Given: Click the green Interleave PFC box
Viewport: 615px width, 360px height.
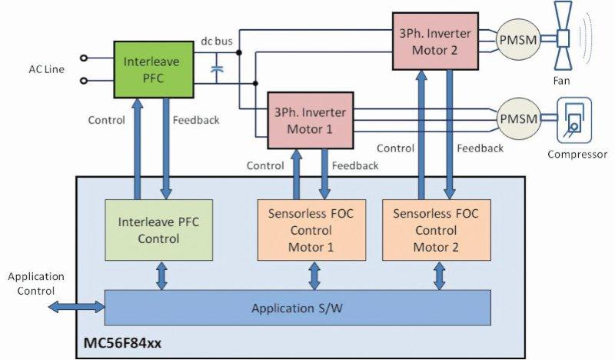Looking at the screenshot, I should coord(152,67).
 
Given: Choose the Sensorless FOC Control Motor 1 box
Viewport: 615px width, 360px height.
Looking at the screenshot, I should coord(312,230).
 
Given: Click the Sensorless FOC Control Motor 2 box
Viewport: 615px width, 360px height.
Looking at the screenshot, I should coord(435,230).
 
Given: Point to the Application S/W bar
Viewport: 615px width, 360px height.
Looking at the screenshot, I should coord(297,308).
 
